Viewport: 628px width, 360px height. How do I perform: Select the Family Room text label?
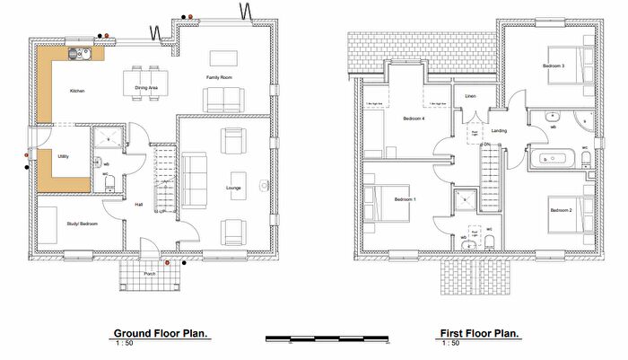click(220, 79)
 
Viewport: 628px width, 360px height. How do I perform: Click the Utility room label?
click(64, 156)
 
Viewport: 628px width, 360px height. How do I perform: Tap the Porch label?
click(150, 274)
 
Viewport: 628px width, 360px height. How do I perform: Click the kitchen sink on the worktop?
click(73, 55)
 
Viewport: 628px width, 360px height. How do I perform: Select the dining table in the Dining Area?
click(143, 75)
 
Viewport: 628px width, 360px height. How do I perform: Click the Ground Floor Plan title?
click(161, 333)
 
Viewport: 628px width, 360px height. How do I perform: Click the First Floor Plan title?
click(478, 333)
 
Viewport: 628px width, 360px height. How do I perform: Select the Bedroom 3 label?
click(553, 66)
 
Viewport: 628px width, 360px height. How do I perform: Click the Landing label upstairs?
click(500, 131)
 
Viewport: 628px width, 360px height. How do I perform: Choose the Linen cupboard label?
click(469, 95)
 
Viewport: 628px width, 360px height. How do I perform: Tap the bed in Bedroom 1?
click(382, 198)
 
